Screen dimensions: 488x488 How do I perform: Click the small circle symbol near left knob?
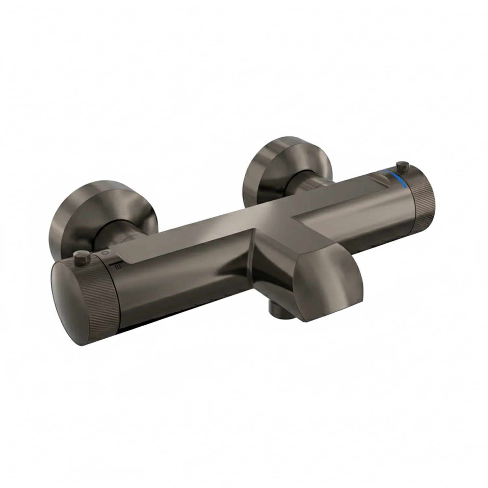[x=104, y=252]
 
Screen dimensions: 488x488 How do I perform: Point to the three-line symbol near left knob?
[x=118, y=267]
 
